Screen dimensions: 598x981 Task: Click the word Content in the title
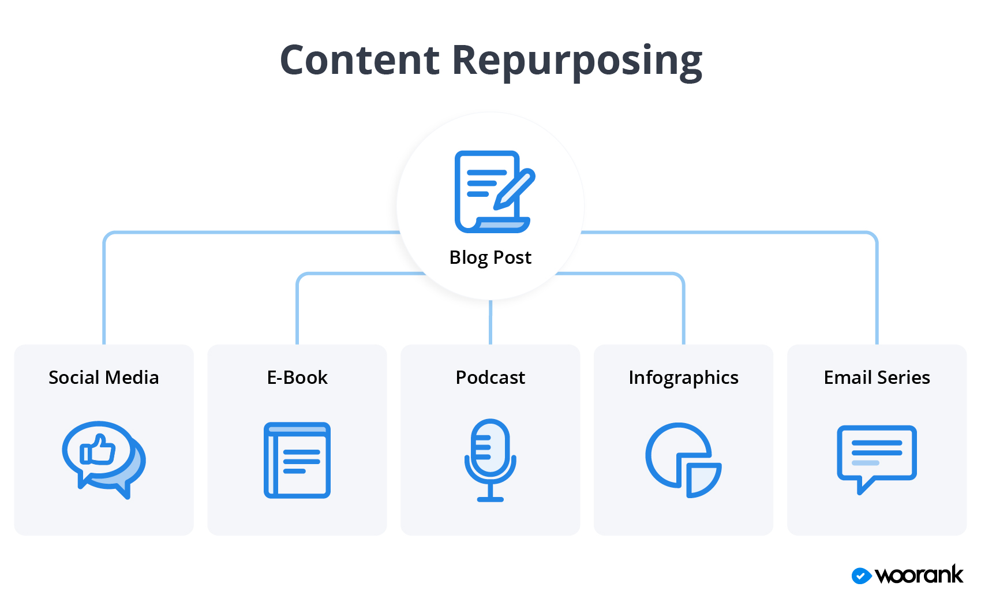click(x=360, y=60)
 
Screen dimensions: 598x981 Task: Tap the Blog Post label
click(x=490, y=257)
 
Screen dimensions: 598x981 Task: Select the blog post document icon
click(x=490, y=192)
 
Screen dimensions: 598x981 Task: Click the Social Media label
click(x=103, y=378)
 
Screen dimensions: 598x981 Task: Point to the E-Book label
click(x=297, y=378)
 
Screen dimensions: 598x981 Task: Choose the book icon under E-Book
click(x=297, y=460)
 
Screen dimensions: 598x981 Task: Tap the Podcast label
click(x=490, y=378)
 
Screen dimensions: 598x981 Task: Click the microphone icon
click(x=490, y=459)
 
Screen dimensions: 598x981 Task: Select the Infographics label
click(x=683, y=378)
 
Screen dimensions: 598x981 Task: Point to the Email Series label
click(x=877, y=378)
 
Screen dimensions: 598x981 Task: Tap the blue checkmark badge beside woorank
click(x=861, y=575)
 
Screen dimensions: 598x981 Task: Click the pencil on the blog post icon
click(x=514, y=189)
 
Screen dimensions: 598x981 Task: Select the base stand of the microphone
click(x=490, y=499)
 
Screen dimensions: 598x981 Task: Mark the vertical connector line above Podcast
click(x=490, y=322)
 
